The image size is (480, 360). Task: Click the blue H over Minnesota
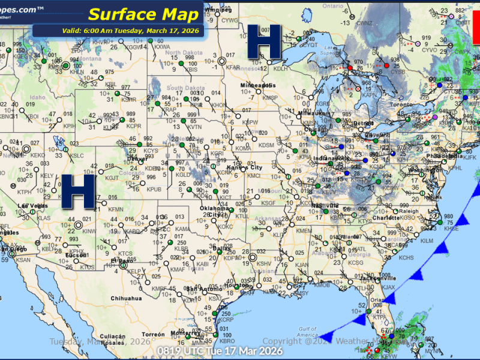[265, 43]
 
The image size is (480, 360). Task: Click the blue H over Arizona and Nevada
[79, 191]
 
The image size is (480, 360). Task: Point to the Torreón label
[152, 334]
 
